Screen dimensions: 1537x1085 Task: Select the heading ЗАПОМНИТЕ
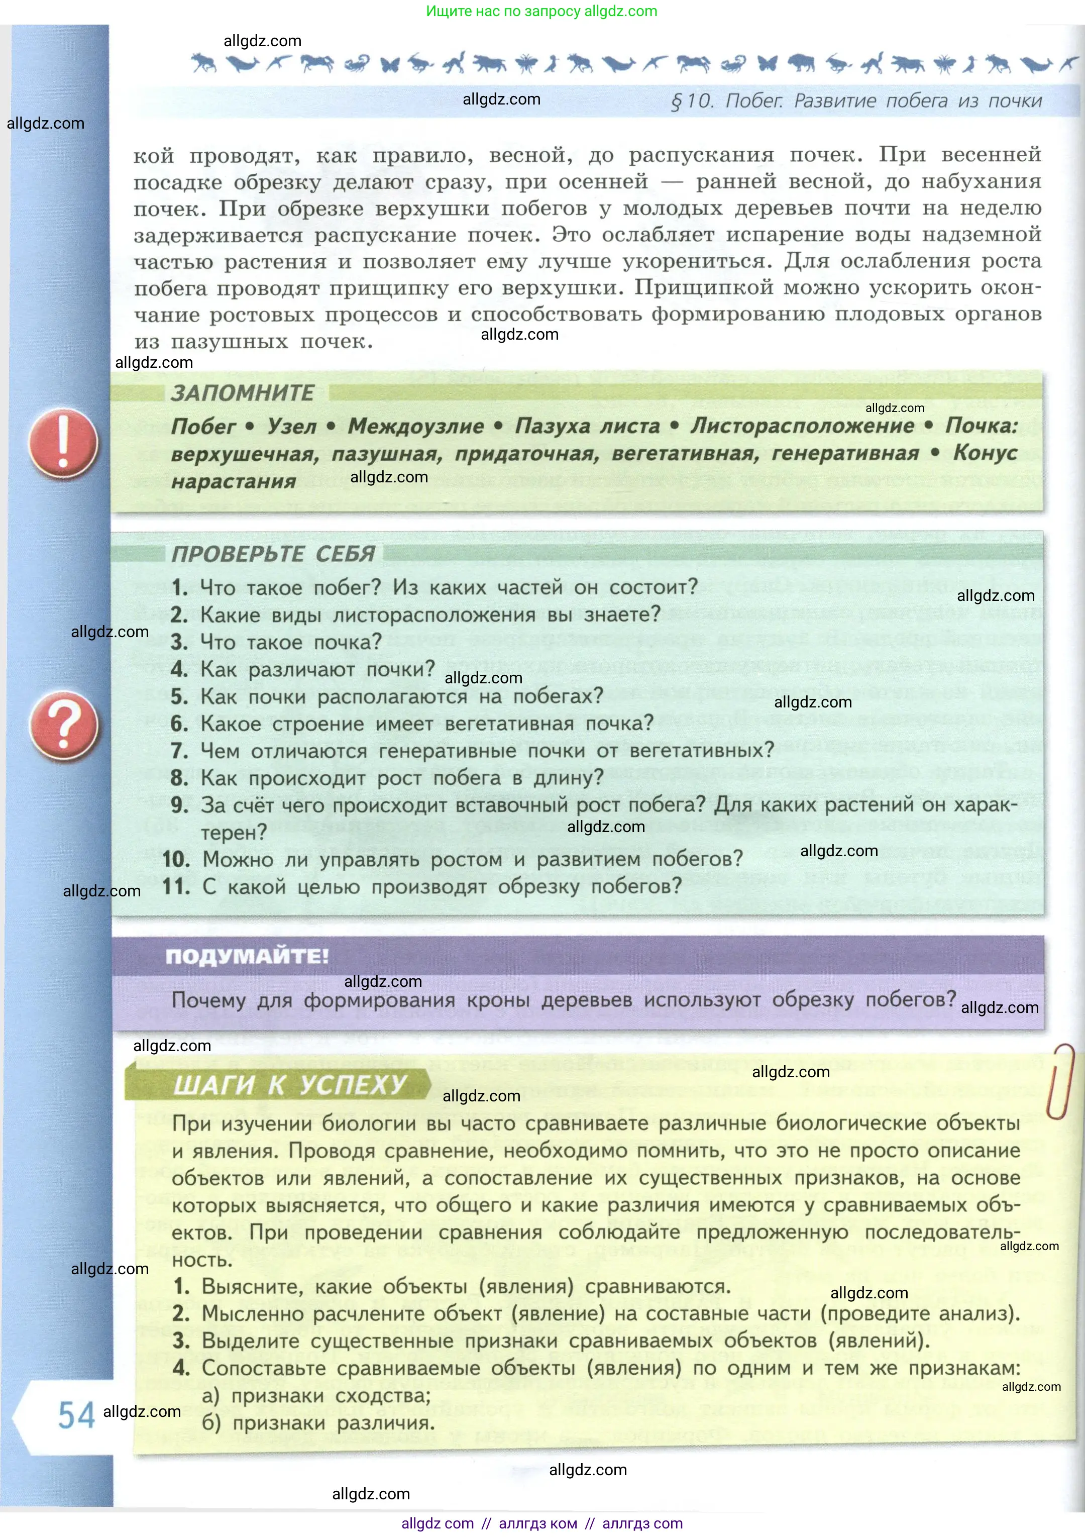pyautogui.click(x=242, y=393)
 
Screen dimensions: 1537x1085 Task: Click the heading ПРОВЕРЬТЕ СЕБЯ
pyautogui.click(x=273, y=554)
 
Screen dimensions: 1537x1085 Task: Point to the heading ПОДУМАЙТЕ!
pyautogui.click(x=247, y=956)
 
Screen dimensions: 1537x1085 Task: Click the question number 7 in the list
pyautogui.click(x=179, y=751)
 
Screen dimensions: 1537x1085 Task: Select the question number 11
pyautogui.click(x=176, y=887)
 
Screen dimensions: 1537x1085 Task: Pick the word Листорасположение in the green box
pyautogui.click(x=802, y=426)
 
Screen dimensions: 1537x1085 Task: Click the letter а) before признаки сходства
pyautogui.click(x=211, y=1396)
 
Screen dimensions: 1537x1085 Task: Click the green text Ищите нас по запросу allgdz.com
pyautogui.click(x=541, y=11)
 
